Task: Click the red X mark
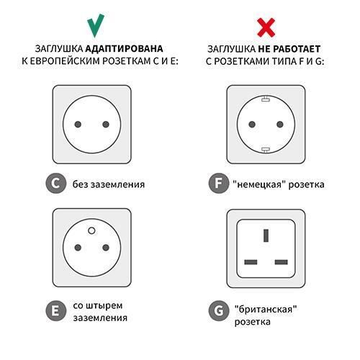[x=266, y=26]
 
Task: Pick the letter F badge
[x=215, y=184]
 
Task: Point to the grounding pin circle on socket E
[x=91, y=230]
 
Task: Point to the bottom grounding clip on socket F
[x=265, y=150]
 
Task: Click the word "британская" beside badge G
[x=266, y=309]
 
